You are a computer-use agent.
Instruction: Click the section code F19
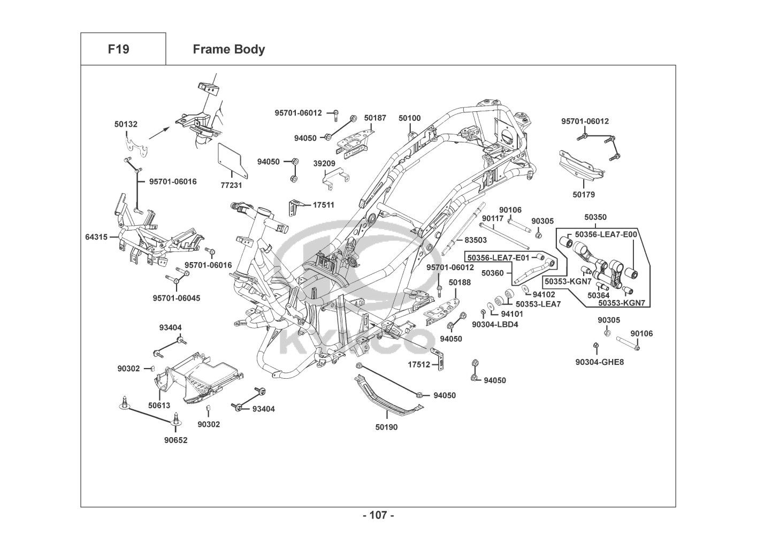[x=118, y=49]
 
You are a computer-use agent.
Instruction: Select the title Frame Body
[x=228, y=49]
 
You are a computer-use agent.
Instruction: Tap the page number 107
[x=378, y=516]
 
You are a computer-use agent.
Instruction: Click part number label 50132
[x=126, y=124]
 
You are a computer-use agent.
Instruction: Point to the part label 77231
[x=231, y=185]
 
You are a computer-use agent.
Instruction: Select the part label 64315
[x=96, y=236]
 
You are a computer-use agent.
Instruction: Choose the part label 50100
[x=409, y=118]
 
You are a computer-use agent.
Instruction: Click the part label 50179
[x=583, y=195]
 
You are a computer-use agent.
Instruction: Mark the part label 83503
[x=476, y=240]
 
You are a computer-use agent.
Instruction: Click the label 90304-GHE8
[x=599, y=362]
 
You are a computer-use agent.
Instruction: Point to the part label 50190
[x=386, y=427]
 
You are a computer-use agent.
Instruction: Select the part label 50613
[x=159, y=406]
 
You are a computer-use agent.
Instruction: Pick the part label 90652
[x=176, y=440]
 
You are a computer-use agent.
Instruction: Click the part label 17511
[x=323, y=204]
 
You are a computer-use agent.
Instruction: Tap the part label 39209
[x=324, y=163]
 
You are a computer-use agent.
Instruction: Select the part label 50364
[x=598, y=295]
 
